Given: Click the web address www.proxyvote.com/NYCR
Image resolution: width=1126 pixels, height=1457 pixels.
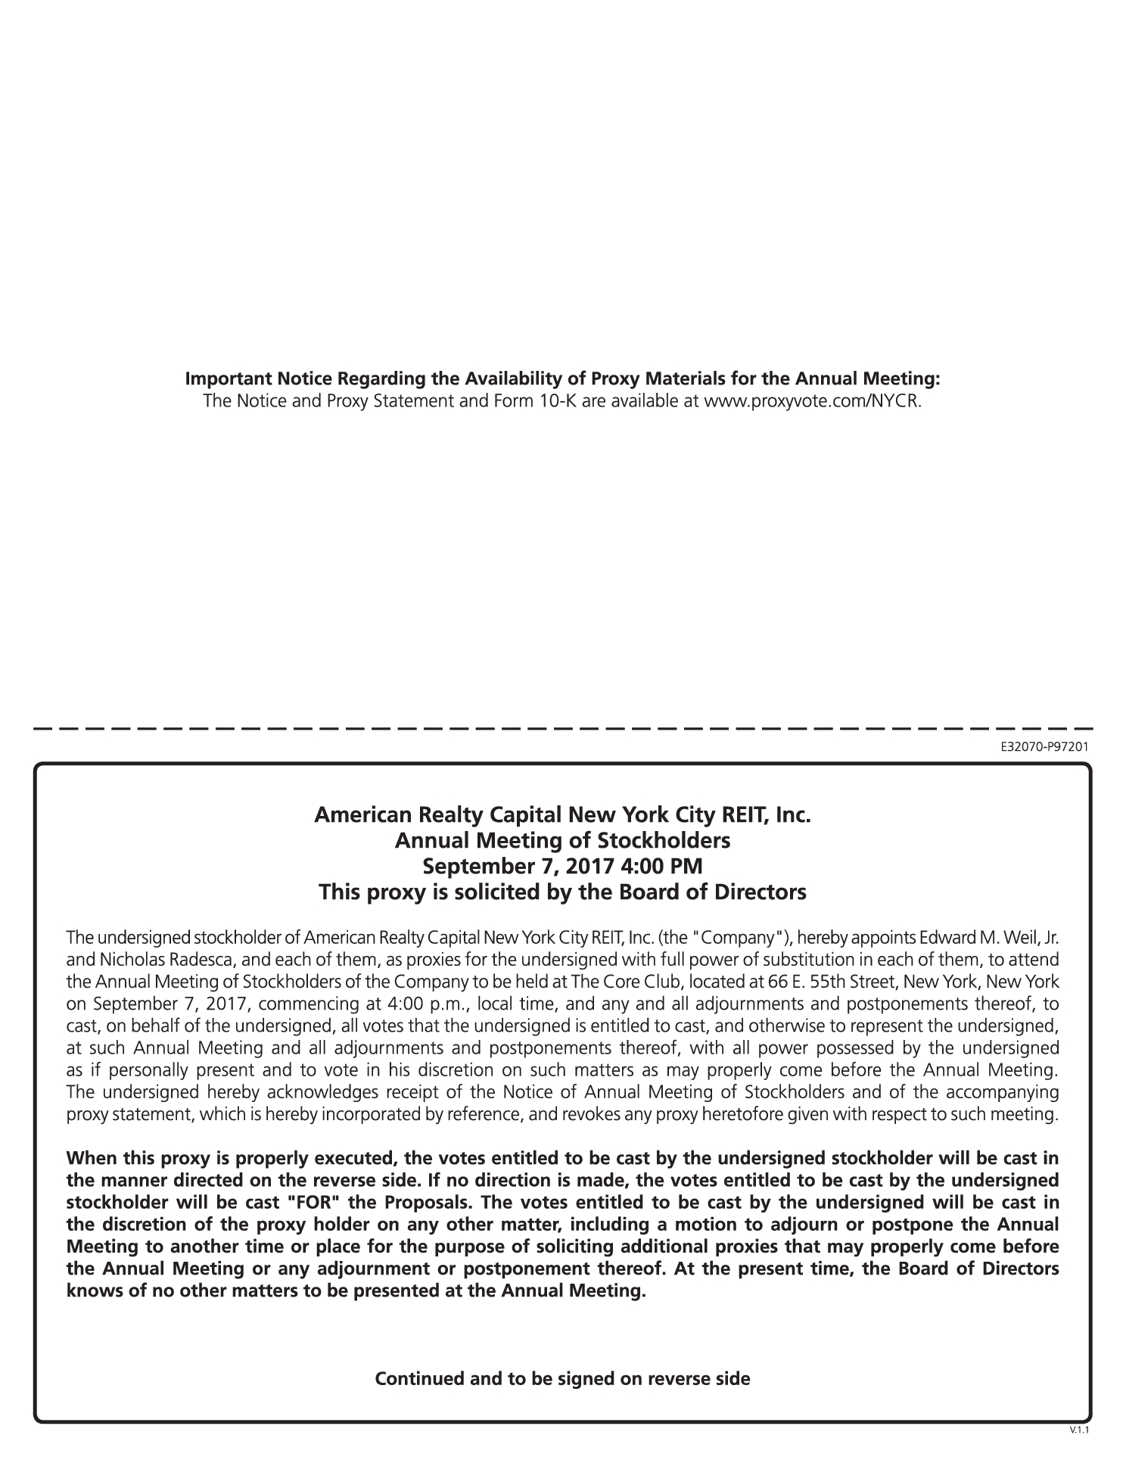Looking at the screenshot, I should tap(813, 400).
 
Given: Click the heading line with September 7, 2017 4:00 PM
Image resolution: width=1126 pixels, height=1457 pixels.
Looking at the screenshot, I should tap(562, 866).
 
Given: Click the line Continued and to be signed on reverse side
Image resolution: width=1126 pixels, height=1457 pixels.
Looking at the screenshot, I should tap(562, 1378).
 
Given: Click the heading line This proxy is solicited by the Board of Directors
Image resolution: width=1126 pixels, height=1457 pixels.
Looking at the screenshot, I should tap(562, 892).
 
